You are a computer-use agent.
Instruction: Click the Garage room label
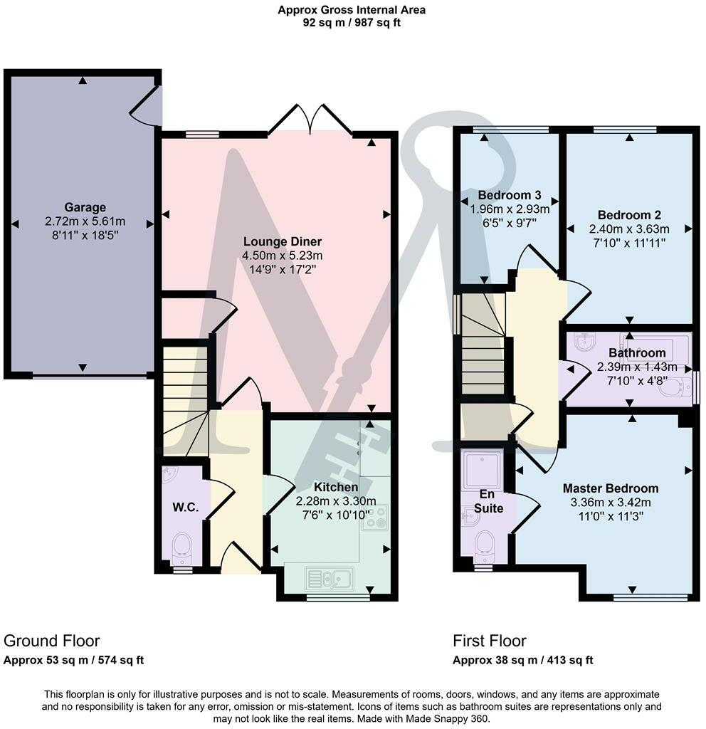(85, 207)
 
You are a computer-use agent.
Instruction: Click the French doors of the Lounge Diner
(310, 120)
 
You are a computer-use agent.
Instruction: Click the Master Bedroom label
(610, 488)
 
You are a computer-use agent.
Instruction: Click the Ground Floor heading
(52, 641)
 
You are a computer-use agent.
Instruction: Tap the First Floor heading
(490, 641)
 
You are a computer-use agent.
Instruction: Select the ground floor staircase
(184, 399)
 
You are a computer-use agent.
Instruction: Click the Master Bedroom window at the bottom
(650, 597)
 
